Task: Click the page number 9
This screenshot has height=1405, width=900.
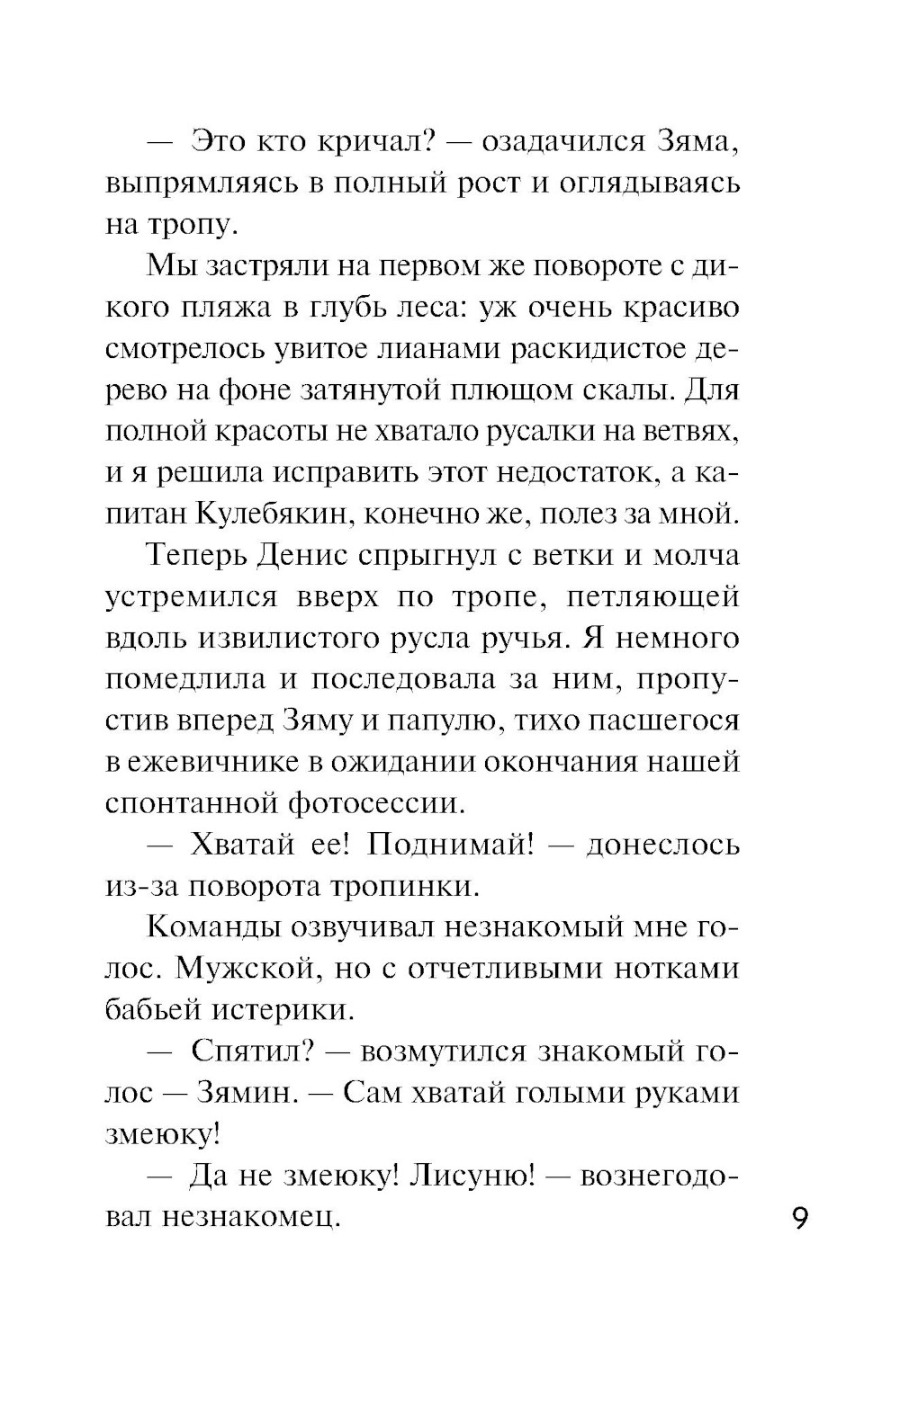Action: pos(802,1221)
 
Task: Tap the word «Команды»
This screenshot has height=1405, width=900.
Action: pos(213,926)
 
